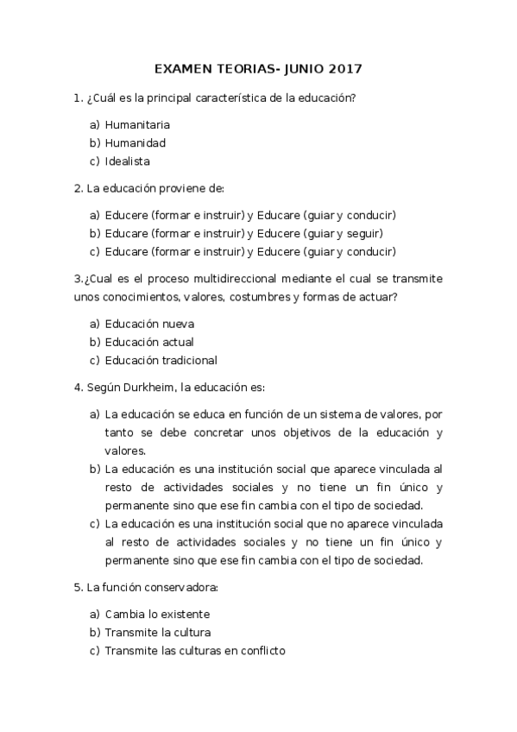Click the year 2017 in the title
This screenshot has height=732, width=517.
344,68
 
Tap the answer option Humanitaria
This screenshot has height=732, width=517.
137,124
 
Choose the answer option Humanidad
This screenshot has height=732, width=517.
136,142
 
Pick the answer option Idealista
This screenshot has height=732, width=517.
128,161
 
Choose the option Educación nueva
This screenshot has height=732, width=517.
149,324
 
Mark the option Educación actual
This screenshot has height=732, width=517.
149,342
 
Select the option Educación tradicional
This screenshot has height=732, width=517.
161,360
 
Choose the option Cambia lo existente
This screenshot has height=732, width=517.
157,614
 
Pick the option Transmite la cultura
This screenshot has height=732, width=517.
158,632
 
